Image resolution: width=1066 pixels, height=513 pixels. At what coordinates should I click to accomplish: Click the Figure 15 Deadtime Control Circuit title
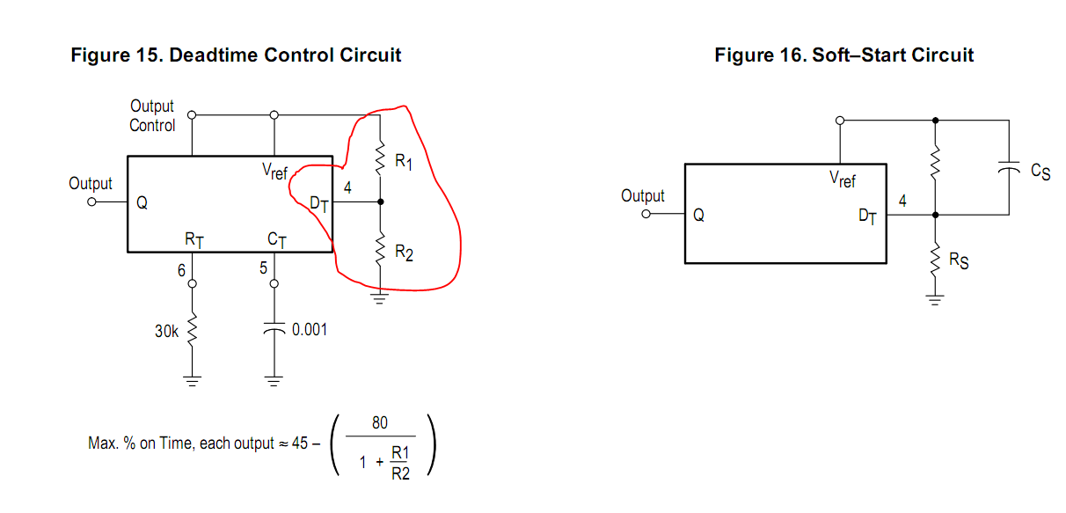tap(236, 55)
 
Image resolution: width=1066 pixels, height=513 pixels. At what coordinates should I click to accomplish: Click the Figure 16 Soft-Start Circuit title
tap(843, 55)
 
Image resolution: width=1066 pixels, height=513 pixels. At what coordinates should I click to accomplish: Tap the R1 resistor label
tap(404, 162)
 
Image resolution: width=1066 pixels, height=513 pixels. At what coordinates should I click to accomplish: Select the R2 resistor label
tap(404, 253)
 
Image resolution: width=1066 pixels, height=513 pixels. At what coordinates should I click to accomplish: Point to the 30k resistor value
tap(167, 332)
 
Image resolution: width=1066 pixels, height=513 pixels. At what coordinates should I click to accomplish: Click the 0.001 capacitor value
tap(309, 330)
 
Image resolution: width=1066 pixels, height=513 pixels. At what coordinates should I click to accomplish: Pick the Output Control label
tap(152, 115)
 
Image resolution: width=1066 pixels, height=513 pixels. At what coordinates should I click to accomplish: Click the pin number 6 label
tap(181, 271)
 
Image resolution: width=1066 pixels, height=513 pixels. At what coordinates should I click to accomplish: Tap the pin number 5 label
tap(263, 268)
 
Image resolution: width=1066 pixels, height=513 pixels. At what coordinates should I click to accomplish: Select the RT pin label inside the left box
tap(193, 238)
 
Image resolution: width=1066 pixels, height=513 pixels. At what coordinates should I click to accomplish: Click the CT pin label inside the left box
tap(275, 238)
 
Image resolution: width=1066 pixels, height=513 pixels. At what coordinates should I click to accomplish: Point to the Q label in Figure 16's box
tap(698, 214)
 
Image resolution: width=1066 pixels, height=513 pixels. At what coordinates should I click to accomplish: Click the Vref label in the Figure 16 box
tap(843, 180)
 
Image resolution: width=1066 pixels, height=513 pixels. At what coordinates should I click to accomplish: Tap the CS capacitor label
tap(1040, 171)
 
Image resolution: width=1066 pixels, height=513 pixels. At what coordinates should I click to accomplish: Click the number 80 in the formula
tap(379, 423)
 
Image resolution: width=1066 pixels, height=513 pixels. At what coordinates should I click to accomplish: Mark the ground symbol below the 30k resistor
tap(192, 381)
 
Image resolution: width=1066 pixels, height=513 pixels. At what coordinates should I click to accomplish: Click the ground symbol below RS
tap(935, 301)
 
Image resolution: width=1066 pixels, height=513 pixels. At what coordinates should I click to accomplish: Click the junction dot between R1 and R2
tap(380, 202)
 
